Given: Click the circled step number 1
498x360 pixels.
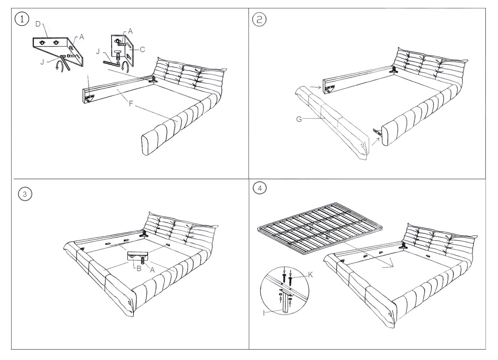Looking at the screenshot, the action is click(22, 19).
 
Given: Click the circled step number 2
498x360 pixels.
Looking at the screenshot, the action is click(259, 20).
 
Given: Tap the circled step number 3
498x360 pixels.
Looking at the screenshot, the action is click(25, 194).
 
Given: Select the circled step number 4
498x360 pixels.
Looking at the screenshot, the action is click(260, 188).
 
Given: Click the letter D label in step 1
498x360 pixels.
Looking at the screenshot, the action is click(38, 24).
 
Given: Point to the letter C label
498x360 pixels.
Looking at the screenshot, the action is click(142, 49).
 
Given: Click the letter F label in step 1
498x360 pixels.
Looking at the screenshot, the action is click(131, 103).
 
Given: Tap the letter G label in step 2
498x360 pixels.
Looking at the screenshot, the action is click(299, 119).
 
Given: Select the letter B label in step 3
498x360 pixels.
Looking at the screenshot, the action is click(139, 269).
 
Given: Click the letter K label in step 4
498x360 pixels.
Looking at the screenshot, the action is click(310, 275).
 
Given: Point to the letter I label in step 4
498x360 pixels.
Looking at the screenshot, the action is click(264, 313).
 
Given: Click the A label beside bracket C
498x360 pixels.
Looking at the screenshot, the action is click(130, 31).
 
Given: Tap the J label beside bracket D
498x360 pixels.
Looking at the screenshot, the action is click(42, 62).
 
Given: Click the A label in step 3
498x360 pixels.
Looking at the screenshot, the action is click(152, 270).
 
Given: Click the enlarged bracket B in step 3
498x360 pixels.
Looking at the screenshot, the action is click(138, 256).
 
